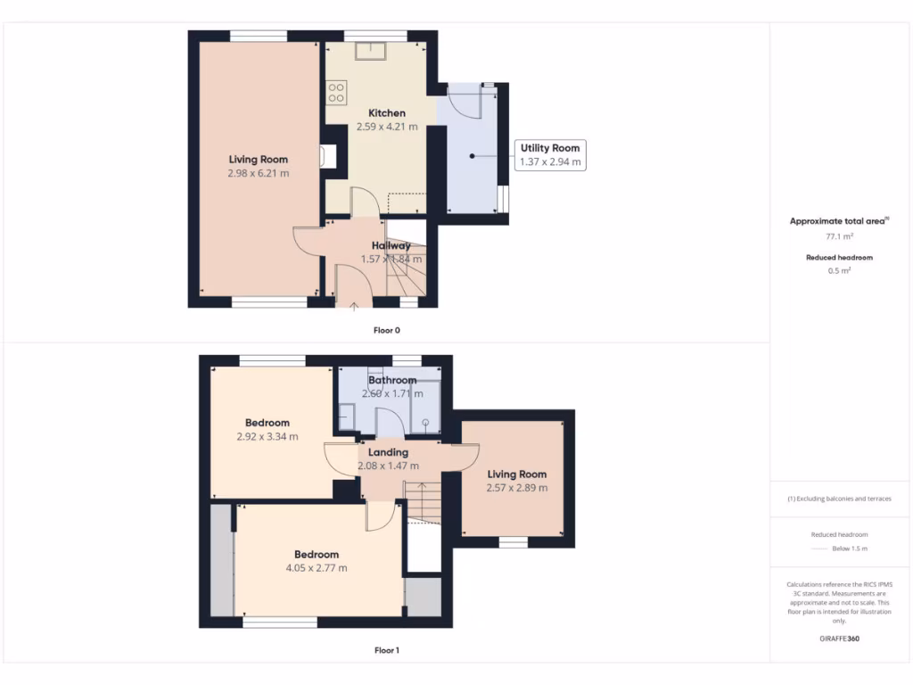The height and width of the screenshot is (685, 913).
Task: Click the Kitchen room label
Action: [387, 113]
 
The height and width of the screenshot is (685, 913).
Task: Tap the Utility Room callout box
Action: [550, 154]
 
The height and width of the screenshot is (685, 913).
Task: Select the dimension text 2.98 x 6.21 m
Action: [259, 173]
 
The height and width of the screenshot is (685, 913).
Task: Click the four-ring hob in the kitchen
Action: [336, 92]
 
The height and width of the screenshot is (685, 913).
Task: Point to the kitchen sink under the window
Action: [368, 49]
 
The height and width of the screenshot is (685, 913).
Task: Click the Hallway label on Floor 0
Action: [391, 245]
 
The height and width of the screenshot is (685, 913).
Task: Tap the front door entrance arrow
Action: [354, 306]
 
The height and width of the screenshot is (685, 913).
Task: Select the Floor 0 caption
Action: [386, 330]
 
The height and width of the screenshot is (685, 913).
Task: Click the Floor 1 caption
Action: [386, 650]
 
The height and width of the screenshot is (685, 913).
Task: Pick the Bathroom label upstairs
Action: [392, 380]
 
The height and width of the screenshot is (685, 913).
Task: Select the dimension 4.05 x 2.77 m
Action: [317, 567]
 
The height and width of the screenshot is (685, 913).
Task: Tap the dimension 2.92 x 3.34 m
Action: [267, 436]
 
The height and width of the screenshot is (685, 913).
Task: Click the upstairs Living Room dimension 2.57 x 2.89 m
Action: [517, 488]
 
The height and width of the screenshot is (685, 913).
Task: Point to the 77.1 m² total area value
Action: [839, 236]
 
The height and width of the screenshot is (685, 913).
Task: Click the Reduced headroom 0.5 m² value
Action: [839, 270]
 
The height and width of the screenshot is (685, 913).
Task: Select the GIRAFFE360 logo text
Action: [839, 639]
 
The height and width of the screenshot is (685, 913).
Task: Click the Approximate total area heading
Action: [839, 220]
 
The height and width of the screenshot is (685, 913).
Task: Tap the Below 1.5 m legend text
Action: [849, 549]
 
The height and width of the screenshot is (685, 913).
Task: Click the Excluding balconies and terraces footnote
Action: [839, 499]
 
